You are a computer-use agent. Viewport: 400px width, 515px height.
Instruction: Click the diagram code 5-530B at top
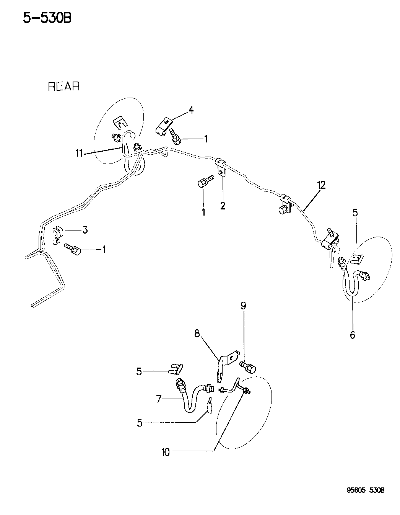[47, 18]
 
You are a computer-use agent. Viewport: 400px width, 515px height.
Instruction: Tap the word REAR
[63, 87]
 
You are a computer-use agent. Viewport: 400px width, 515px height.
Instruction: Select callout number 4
[190, 111]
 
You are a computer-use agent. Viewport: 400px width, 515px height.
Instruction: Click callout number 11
[79, 154]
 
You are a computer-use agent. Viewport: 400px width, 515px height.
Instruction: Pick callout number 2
[223, 206]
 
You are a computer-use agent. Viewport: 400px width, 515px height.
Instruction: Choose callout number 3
[85, 230]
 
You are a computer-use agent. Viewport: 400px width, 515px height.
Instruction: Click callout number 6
[352, 335]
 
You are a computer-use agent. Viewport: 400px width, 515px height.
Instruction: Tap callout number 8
[197, 334]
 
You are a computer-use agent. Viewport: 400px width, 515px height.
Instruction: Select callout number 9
[243, 306]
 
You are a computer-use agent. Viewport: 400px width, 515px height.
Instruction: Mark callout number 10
[165, 452]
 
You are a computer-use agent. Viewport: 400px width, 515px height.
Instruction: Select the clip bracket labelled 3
[57, 235]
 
